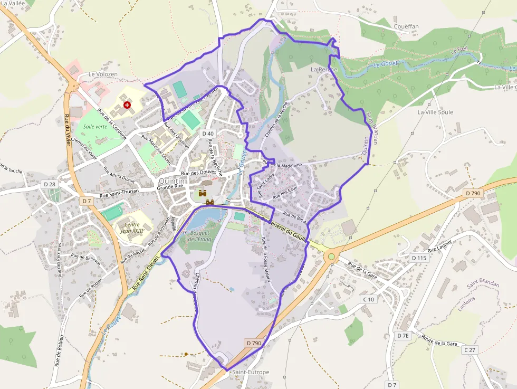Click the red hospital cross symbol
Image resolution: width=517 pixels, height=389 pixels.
coord(127,105)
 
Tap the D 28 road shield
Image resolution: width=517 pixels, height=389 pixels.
coord(50,184)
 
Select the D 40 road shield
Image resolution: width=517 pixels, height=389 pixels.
coord(208,134)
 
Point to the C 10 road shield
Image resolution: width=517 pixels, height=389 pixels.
coord(368,299)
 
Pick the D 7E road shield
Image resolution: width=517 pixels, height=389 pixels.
coord(403,335)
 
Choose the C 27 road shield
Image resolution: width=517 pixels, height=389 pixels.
coord(470,349)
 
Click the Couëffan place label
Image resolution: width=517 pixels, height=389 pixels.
coord(406,25)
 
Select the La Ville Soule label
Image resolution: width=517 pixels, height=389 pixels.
coord(435,112)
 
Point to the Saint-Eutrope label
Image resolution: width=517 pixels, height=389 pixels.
coord(251,372)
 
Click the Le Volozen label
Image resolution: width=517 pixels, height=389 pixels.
coord(101,74)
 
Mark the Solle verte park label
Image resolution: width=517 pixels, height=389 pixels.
coord(95,127)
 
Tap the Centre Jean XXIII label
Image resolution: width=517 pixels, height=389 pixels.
coord(132,227)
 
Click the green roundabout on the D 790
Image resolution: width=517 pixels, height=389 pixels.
coord(331,257)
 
